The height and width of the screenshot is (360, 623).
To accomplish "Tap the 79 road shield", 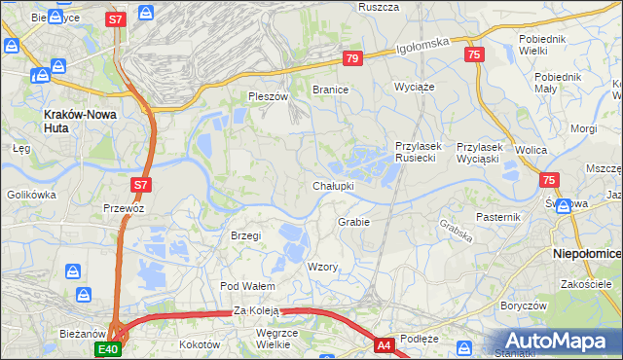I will [x=352, y=59].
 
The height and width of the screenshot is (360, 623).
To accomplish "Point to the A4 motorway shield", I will [x=385, y=343].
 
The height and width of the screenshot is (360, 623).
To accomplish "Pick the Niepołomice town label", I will [x=587, y=252].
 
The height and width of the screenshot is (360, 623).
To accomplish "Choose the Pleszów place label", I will [x=269, y=97].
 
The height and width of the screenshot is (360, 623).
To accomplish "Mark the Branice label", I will [x=330, y=90].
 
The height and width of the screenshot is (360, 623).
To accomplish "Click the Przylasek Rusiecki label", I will [x=419, y=152].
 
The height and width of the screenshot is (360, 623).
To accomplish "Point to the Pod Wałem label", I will [x=247, y=286].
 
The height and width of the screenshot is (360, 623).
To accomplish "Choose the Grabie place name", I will [x=353, y=222].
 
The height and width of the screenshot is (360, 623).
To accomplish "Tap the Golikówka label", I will [x=32, y=195].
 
